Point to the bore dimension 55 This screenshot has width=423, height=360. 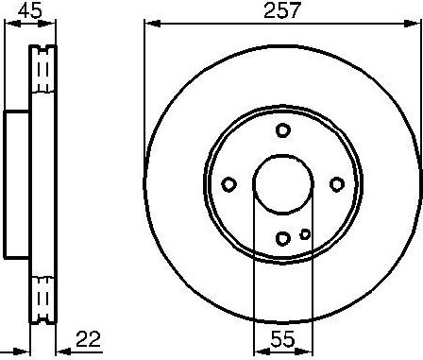pos(280,337)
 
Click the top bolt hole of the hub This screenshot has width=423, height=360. pos(281,130)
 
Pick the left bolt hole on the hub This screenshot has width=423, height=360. pos(228,184)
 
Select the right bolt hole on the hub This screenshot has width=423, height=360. pos(335,184)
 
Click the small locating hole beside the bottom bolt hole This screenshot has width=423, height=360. pos(304,234)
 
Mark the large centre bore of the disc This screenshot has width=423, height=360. pos(281,184)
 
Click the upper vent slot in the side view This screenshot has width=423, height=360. pos(41,72)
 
